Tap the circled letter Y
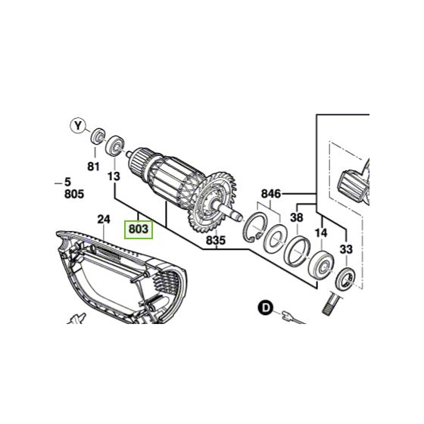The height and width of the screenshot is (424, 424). [x=76, y=125]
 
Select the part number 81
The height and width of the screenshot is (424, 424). [x=93, y=166]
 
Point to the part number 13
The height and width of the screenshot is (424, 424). [x=114, y=176]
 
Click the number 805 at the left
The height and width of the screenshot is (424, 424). [x=73, y=194]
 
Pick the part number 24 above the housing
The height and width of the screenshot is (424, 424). [x=104, y=220]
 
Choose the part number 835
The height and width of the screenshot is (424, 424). [x=216, y=242]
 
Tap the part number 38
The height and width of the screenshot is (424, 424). [x=297, y=217]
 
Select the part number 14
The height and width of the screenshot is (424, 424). [x=321, y=234]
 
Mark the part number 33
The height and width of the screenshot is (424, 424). [x=346, y=248]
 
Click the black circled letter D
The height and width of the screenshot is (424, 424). [x=265, y=307]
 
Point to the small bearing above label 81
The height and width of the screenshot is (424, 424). [x=97, y=138]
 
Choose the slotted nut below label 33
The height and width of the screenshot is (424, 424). [x=345, y=279]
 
